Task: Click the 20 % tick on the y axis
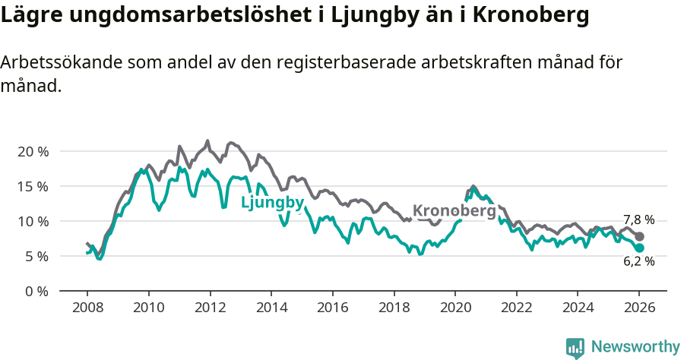32,151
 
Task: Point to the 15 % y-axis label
32,186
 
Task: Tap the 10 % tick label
32,221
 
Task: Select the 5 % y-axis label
36,256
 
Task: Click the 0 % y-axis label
36,291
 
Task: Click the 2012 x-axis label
209,308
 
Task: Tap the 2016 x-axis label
332,308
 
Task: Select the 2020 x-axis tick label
454,308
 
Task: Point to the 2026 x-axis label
638,308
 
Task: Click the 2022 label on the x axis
516,308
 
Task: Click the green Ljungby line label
272,203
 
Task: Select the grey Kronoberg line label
454,210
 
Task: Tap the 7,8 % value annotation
638,220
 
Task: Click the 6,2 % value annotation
638,261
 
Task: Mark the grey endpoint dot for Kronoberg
639,237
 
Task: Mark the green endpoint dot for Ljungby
639,248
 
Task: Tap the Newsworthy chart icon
575,347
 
